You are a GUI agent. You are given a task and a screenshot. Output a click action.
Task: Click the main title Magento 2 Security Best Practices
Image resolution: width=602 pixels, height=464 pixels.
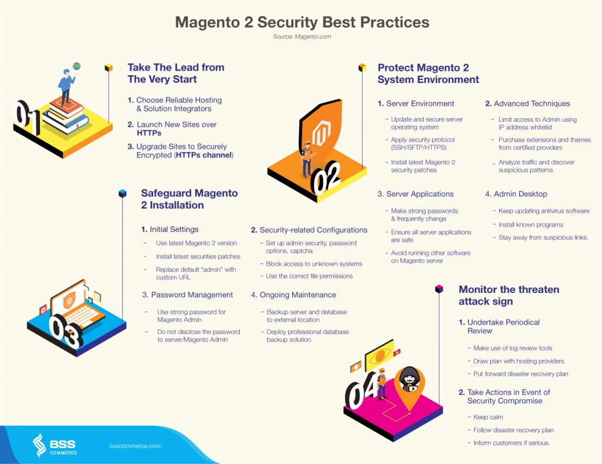[302, 22]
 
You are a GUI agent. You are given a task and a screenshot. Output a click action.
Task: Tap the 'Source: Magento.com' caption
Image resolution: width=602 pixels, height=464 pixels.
[302, 37]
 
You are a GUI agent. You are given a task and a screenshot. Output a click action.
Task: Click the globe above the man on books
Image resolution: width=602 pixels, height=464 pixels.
[77, 66]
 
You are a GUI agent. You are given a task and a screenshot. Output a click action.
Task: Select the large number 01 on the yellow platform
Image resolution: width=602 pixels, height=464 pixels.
[27, 117]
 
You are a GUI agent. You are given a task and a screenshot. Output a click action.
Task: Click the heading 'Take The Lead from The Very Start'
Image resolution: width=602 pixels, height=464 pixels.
[176, 74]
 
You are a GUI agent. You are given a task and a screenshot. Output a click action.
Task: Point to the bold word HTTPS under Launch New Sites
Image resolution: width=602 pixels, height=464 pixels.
[149, 133]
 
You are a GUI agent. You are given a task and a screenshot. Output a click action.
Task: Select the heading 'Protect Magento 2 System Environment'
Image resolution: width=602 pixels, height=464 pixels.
[428, 74]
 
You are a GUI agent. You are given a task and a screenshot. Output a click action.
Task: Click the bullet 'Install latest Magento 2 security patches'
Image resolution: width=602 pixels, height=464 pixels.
[423, 166]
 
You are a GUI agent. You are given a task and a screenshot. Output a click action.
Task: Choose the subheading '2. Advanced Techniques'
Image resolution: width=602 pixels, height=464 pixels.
[527, 104]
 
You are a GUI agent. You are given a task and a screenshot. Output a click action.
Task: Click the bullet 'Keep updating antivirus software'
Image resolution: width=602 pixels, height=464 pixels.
[544, 211]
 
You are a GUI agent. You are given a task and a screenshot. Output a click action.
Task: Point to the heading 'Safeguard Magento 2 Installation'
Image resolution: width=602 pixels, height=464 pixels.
[189, 199]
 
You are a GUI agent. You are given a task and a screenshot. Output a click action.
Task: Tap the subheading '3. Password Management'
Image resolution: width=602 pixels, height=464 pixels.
[188, 295]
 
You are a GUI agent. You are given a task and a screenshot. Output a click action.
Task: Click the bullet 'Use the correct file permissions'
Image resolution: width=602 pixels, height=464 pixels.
[309, 276]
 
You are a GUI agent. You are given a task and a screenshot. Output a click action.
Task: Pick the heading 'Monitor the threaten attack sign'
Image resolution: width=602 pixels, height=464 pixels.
[509, 295]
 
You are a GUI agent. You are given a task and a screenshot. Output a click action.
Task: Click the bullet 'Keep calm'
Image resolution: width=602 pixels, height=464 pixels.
[488, 417]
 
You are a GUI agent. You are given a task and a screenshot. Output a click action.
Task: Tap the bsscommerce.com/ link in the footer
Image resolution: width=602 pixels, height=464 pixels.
[136, 446]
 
